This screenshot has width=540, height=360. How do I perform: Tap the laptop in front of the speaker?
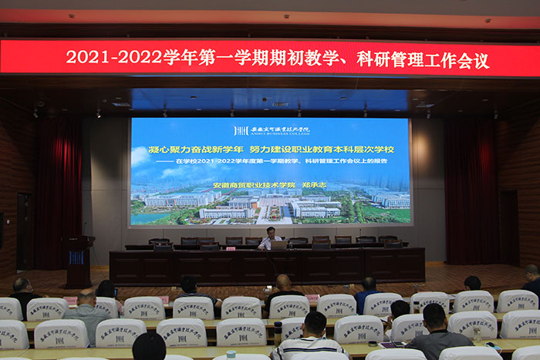point(278,245)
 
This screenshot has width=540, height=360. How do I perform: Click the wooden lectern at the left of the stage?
point(78,261)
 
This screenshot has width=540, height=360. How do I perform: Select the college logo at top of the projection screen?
point(271,130)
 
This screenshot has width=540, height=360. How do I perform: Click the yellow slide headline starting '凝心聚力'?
point(200,149)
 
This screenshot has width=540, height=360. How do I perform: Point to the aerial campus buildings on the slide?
point(270,206)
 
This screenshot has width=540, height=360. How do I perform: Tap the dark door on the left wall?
point(24,230)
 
